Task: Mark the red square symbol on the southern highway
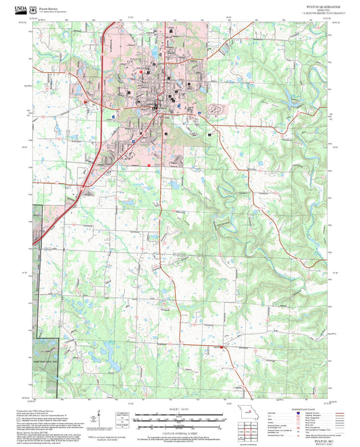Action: (x=221, y=347)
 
